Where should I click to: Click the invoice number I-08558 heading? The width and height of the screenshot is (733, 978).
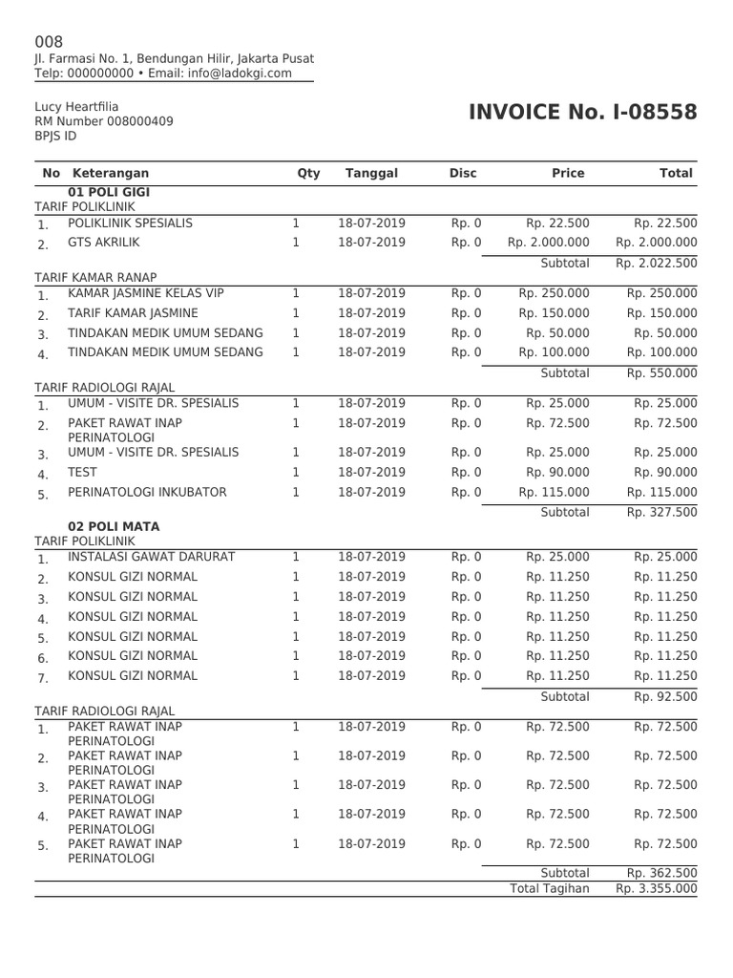coord(583,114)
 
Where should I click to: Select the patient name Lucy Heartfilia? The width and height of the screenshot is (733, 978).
coord(76,107)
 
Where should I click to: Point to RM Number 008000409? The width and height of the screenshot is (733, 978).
coord(104,121)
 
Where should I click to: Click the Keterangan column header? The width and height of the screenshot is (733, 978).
coord(111,173)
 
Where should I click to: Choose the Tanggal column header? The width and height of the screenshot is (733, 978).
coord(371,173)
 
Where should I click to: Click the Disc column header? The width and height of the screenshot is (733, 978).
coord(463,173)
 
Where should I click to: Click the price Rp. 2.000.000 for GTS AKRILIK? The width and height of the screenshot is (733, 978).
coord(549,243)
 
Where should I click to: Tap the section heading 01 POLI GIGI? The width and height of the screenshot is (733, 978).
coord(111,192)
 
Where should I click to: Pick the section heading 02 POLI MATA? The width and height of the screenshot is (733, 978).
coord(114,526)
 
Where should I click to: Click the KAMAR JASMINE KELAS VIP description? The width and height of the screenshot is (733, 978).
coord(146,293)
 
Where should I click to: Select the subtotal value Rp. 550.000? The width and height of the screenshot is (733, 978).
coord(661,373)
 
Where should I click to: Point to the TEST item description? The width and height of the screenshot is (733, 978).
coord(82,473)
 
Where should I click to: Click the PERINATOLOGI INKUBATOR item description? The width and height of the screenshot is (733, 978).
coord(147,493)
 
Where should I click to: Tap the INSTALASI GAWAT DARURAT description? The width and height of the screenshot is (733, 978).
coord(151,557)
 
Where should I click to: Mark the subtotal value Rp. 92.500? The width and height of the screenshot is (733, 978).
coord(665,696)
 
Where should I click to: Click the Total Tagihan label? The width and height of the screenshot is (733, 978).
coord(549,888)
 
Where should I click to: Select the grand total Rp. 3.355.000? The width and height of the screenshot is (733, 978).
coord(656,888)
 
